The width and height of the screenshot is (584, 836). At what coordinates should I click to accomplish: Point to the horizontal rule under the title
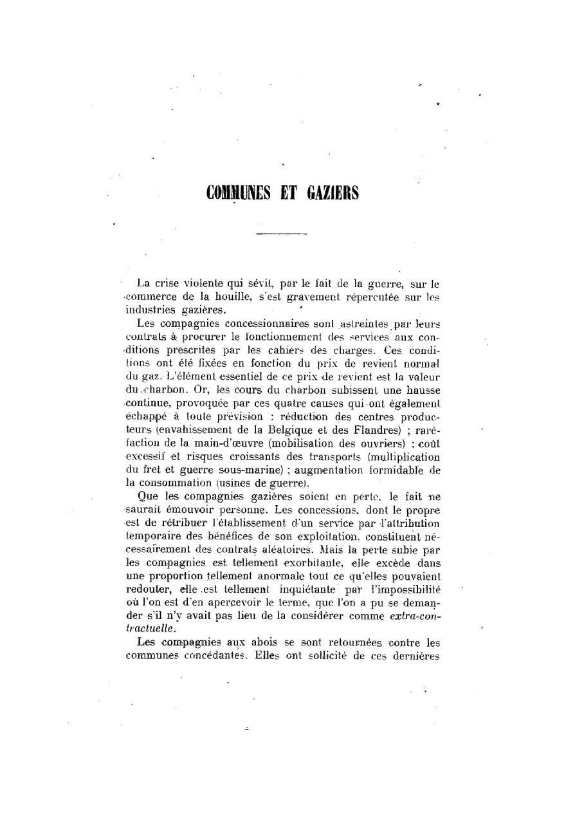click(x=281, y=234)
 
